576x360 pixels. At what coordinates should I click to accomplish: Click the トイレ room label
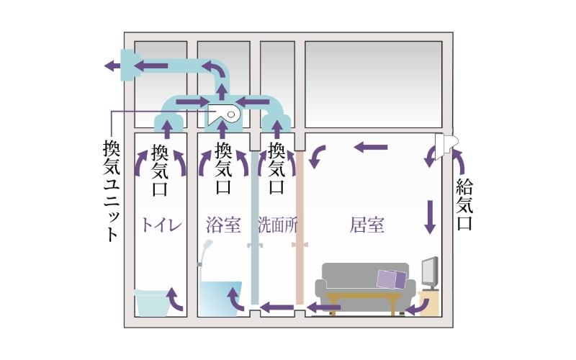coord(161,225)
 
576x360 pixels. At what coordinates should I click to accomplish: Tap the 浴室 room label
coord(222,225)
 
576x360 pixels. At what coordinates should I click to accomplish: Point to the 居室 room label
coord(367,225)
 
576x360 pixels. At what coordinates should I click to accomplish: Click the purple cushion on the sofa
coord(392,279)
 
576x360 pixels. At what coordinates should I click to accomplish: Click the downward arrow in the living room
coord(431,216)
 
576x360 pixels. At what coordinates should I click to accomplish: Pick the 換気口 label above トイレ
coord(161,171)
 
